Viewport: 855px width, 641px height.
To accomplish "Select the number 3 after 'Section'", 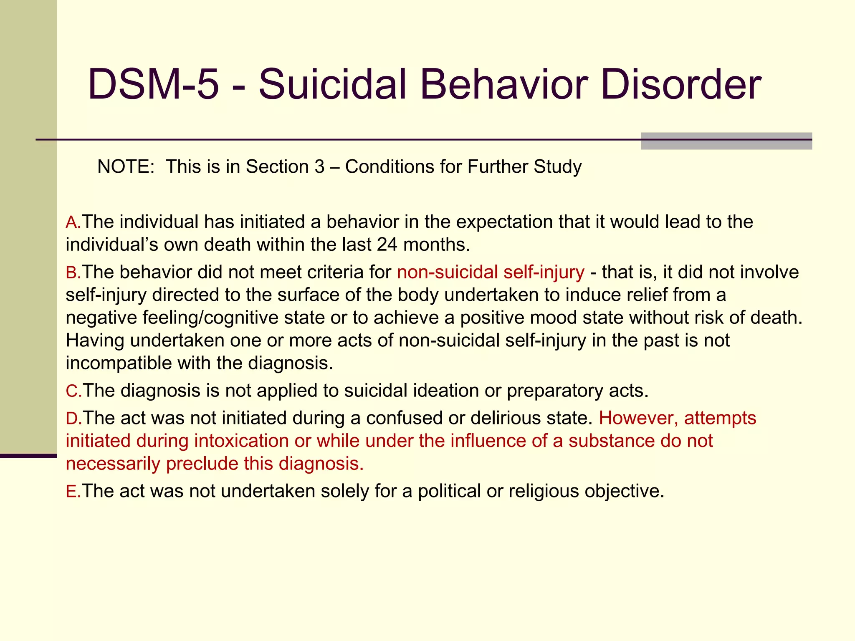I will point(319,167).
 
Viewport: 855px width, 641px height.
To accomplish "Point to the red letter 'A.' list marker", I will point(73,222).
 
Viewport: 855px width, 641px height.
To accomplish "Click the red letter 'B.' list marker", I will point(73,273).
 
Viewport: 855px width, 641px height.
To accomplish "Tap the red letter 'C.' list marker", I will point(73,391).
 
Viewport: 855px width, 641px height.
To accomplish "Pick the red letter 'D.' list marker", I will point(73,419).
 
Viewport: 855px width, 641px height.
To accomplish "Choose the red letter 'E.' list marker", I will point(73,492).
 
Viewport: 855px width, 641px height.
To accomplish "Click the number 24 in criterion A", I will point(387,245).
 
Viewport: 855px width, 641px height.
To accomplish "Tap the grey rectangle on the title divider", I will point(726,141).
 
